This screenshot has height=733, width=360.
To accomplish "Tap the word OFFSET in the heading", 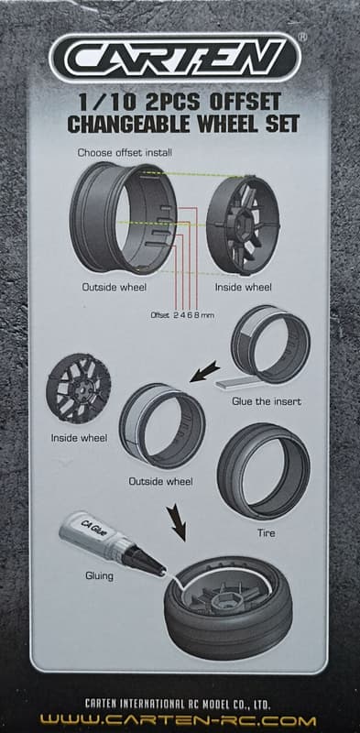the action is tap(245, 102).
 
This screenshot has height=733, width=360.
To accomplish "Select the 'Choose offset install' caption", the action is tap(125, 152).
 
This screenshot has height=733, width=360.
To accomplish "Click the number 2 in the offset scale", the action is tap(176, 315).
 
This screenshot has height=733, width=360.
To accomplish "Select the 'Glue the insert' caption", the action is tap(267, 401).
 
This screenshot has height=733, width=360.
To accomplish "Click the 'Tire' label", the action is tap(266, 532).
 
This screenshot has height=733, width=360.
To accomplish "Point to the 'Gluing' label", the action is tap(99, 575).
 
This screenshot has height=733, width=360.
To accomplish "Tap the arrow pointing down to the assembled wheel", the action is tap(178, 523).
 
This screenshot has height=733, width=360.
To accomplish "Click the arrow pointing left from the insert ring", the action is tap(205, 371).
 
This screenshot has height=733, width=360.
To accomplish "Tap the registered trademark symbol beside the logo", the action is tap(302, 37).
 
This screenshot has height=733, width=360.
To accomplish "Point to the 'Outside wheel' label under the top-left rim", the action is tap(115, 287).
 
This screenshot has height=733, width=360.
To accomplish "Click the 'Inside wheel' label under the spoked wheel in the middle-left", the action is tap(79, 438).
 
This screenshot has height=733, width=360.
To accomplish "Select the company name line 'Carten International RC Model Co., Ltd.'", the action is tap(178, 705).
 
